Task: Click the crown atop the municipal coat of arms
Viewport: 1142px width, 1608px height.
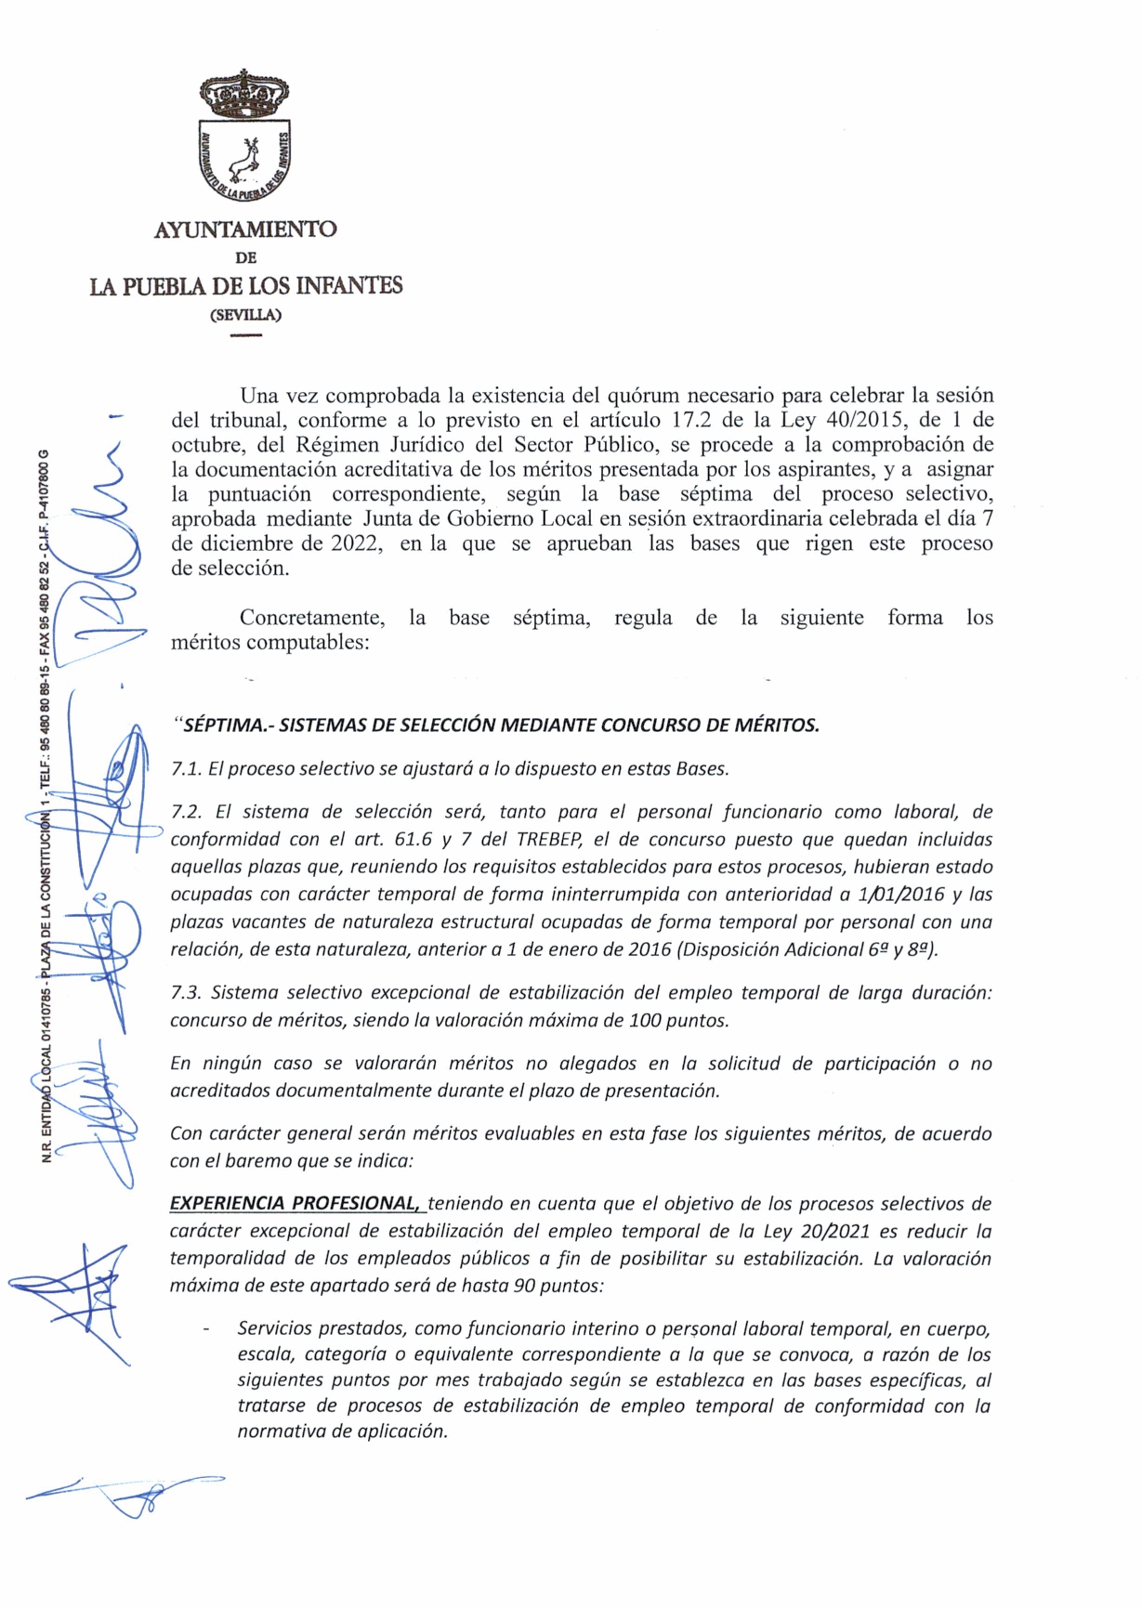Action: point(244,92)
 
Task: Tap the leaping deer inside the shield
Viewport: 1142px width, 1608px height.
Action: point(246,158)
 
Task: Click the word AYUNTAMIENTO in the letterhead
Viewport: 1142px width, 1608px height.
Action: point(245,229)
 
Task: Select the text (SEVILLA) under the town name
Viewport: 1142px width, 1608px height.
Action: point(245,314)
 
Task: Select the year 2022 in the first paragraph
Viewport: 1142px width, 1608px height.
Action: point(358,543)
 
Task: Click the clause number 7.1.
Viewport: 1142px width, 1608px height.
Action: point(187,769)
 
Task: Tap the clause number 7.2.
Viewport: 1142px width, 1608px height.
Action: point(187,812)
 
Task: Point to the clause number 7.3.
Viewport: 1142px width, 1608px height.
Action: point(187,993)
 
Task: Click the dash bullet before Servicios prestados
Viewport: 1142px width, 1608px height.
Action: point(204,1330)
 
